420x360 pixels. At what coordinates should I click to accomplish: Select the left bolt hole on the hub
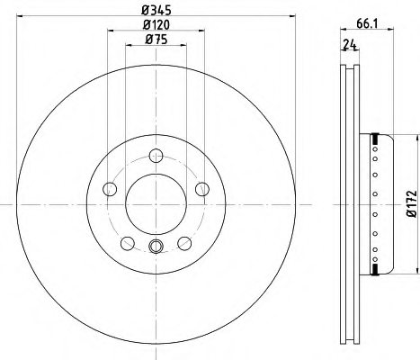[x=111, y=188]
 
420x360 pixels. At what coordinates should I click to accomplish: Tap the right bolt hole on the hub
[x=200, y=188]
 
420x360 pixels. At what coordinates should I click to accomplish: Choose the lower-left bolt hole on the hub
[x=127, y=241]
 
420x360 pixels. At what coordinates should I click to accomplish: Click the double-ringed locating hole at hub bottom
[x=155, y=249]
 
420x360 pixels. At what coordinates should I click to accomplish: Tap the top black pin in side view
[x=373, y=138]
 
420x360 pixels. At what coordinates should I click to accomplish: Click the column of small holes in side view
[x=371, y=203]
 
